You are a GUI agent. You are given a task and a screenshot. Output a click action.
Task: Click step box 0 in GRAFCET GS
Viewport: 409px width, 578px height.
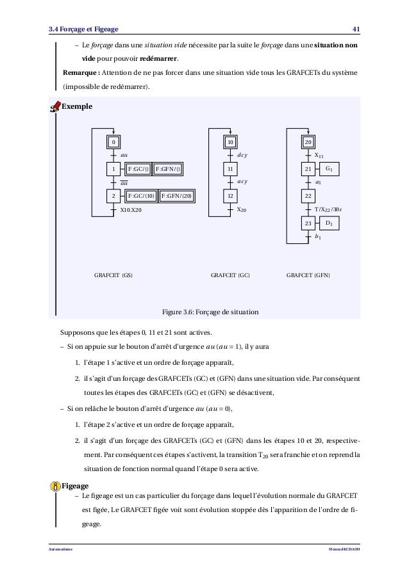coord(113,142)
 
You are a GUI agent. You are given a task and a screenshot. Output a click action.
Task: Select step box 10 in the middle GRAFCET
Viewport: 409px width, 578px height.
coord(230,142)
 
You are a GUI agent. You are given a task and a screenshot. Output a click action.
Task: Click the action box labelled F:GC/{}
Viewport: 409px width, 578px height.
coord(138,169)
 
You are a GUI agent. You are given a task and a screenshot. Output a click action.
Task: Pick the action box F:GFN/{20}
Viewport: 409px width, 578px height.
coord(176,196)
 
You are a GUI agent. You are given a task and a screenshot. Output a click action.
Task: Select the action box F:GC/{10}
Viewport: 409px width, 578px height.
coord(141,196)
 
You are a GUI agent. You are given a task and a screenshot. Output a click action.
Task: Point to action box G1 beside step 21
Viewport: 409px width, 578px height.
coord(330,169)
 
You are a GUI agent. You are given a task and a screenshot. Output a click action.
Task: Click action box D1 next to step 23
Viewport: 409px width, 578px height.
coord(330,223)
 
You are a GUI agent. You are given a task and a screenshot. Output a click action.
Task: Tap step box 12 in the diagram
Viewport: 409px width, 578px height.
coord(230,196)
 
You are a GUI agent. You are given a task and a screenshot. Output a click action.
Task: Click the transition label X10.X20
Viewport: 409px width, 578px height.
coord(131,209)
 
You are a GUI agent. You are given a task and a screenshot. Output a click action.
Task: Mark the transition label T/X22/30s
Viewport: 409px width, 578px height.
coord(328,209)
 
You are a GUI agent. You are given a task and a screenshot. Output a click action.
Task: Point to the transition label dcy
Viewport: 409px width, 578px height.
coord(242,155)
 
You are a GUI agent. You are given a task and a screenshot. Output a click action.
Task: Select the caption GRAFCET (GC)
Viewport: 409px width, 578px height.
coord(230,276)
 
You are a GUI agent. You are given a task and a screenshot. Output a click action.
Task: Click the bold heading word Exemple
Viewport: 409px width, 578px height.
coord(76,105)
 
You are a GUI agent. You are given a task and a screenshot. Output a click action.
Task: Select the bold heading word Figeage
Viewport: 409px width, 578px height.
coord(76,486)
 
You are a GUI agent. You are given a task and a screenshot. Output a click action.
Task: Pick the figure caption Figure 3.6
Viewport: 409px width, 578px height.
coord(210,312)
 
